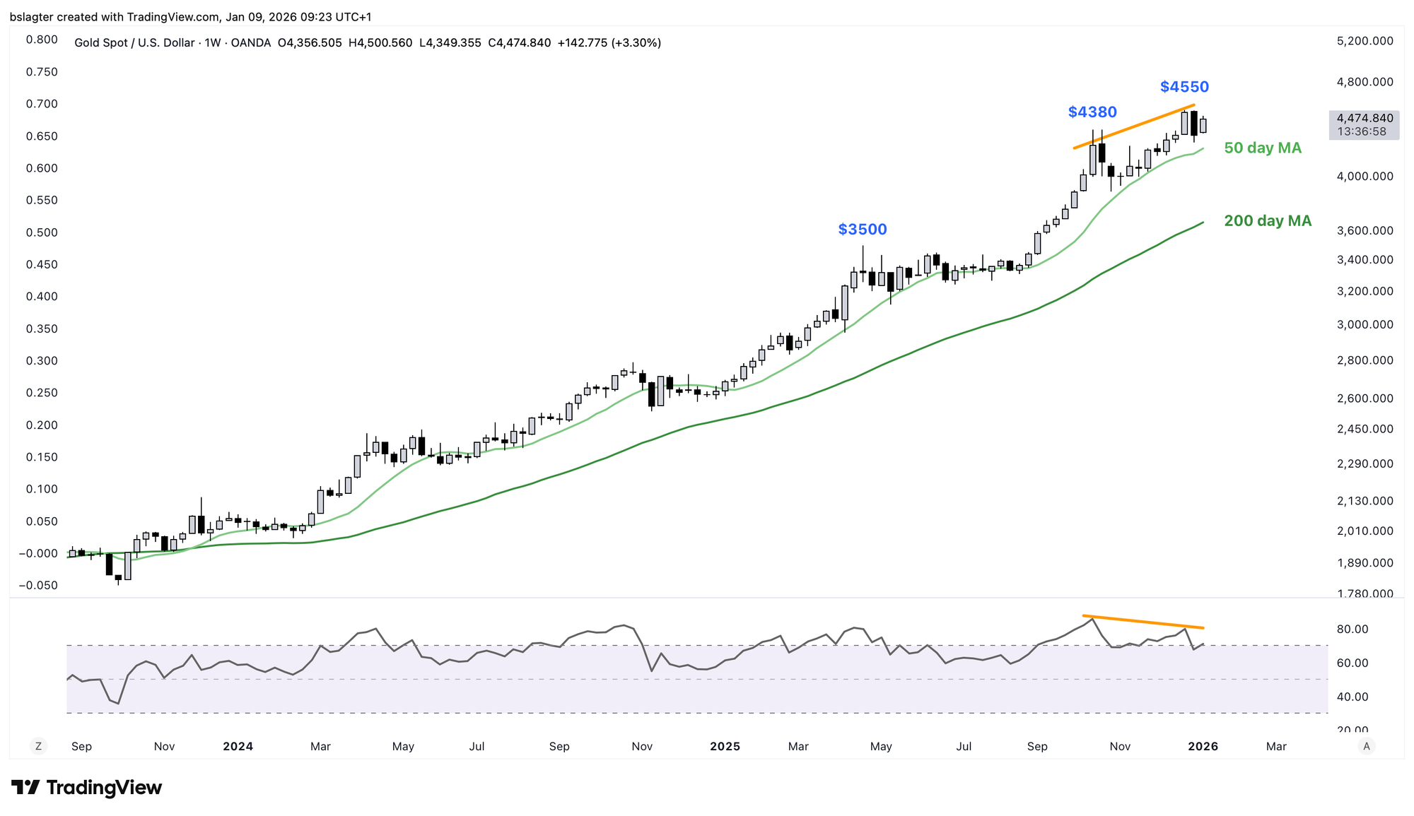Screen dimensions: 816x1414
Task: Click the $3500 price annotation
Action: click(862, 230)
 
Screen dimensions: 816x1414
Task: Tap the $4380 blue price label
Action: click(1092, 112)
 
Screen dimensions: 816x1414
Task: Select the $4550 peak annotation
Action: click(1184, 87)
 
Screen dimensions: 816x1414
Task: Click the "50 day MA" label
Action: click(1263, 148)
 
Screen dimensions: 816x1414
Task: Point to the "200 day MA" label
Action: click(1268, 221)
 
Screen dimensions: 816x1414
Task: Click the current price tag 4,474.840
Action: click(1365, 119)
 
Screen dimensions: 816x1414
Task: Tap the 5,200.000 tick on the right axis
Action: click(1365, 41)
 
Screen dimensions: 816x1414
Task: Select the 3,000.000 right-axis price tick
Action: click(1365, 325)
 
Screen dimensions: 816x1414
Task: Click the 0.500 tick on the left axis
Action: click(42, 232)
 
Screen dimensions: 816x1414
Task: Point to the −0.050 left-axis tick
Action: click(38, 586)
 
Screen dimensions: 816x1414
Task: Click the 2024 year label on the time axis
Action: click(238, 747)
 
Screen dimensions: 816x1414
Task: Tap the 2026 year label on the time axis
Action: click(1203, 747)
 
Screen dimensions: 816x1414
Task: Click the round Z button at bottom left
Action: click(38, 746)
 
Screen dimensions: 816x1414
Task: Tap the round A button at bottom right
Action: click(1367, 746)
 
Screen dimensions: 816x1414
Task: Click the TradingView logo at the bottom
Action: click(87, 788)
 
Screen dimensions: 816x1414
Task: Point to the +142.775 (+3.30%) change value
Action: click(609, 43)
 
